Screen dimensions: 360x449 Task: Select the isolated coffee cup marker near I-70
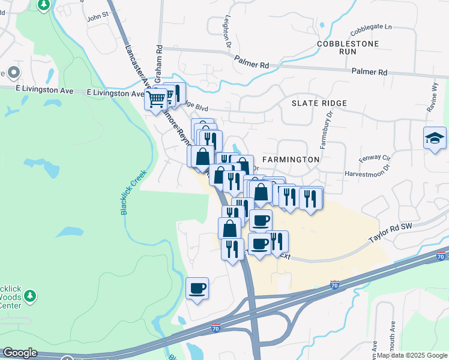click(x=197, y=289)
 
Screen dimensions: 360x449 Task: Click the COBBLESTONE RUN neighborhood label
click(x=348, y=48)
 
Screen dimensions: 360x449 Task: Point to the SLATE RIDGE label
click(x=319, y=103)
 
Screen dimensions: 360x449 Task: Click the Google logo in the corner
click(x=20, y=353)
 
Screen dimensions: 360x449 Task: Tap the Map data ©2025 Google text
click(x=412, y=355)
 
